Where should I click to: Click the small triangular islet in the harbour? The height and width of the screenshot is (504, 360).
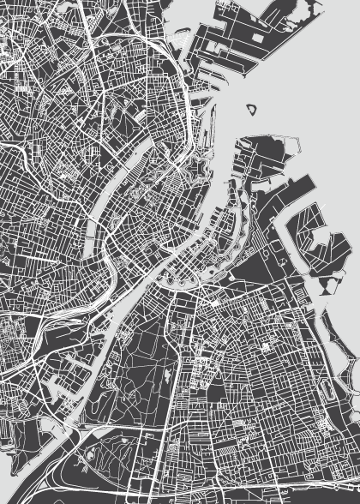tap(252, 110)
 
